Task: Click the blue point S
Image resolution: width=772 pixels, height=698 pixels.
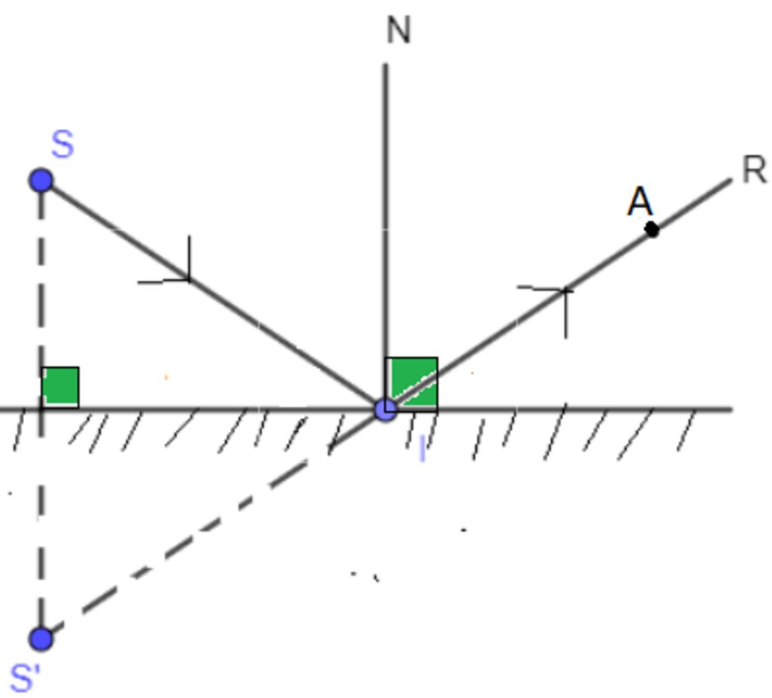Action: [x=41, y=180]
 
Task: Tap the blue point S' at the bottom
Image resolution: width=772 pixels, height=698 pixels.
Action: [x=41, y=638]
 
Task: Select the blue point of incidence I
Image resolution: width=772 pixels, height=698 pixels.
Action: [x=385, y=409]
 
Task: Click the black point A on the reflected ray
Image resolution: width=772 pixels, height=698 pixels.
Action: [x=652, y=229]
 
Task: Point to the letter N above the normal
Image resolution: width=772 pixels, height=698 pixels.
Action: [x=398, y=30]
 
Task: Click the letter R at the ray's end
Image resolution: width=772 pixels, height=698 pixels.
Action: [x=753, y=170]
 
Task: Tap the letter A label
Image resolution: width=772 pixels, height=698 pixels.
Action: [x=641, y=201]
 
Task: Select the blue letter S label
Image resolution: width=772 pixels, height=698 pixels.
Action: [x=63, y=144]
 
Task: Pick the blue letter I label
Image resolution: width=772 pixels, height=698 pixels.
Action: [x=422, y=449]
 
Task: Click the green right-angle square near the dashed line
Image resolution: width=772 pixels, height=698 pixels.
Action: [x=60, y=387]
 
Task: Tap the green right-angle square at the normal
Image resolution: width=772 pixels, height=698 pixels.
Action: [x=412, y=384]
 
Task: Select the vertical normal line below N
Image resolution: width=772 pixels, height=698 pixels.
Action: [x=385, y=236]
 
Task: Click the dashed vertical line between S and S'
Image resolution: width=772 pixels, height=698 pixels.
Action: [x=41, y=409]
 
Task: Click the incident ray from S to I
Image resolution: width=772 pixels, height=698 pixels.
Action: [x=213, y=295]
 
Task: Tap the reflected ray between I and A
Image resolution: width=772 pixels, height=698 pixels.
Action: [x=519, y=320]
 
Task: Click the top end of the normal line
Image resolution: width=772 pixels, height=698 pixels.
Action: [x=385, y=63]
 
